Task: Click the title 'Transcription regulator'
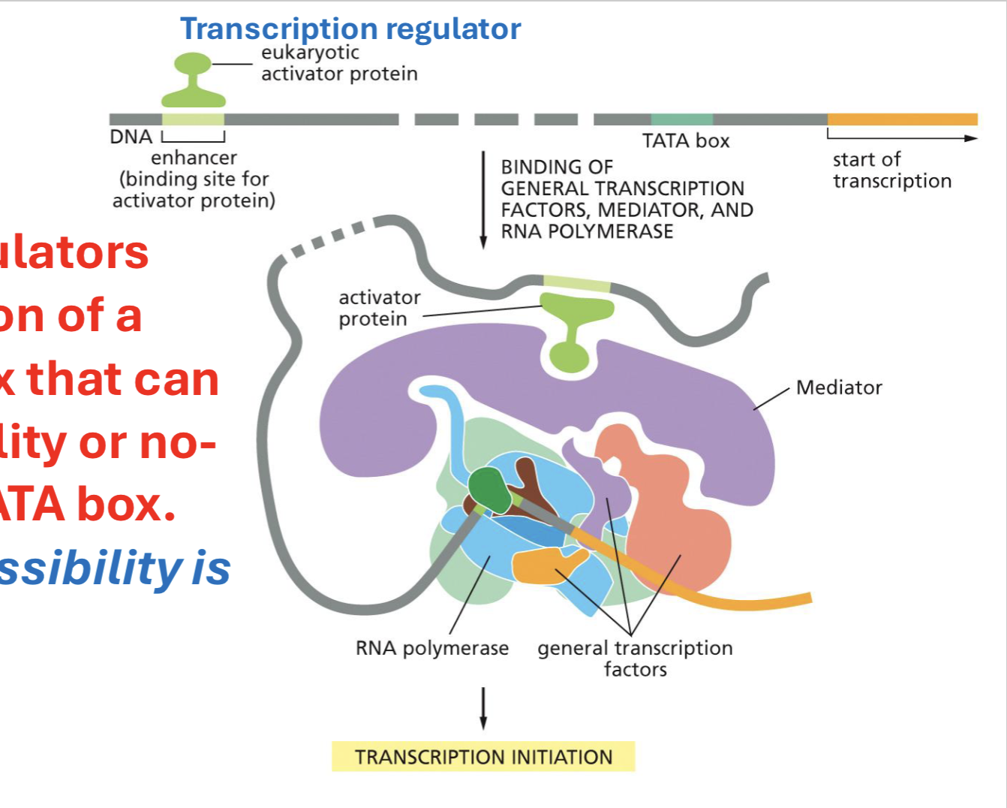click(350, 29)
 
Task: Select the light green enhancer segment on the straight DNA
click(193, 119)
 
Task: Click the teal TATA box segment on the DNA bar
click(681, 119)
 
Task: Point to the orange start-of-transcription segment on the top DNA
click(902, 119)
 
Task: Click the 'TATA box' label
click(685, 141)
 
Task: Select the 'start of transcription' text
click(891, 170)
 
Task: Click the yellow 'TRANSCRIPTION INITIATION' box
click(483, 757)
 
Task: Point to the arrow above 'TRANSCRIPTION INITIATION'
click(483, 707)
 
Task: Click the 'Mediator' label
click(839, 387)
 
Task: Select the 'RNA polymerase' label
click(432, 648)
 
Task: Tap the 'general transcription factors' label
click(635, 659)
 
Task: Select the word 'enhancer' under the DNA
click(194, 158)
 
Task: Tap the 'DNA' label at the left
click(131, 137)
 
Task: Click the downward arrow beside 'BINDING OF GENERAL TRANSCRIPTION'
click(483, 200)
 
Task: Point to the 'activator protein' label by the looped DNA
click(379, 308)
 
